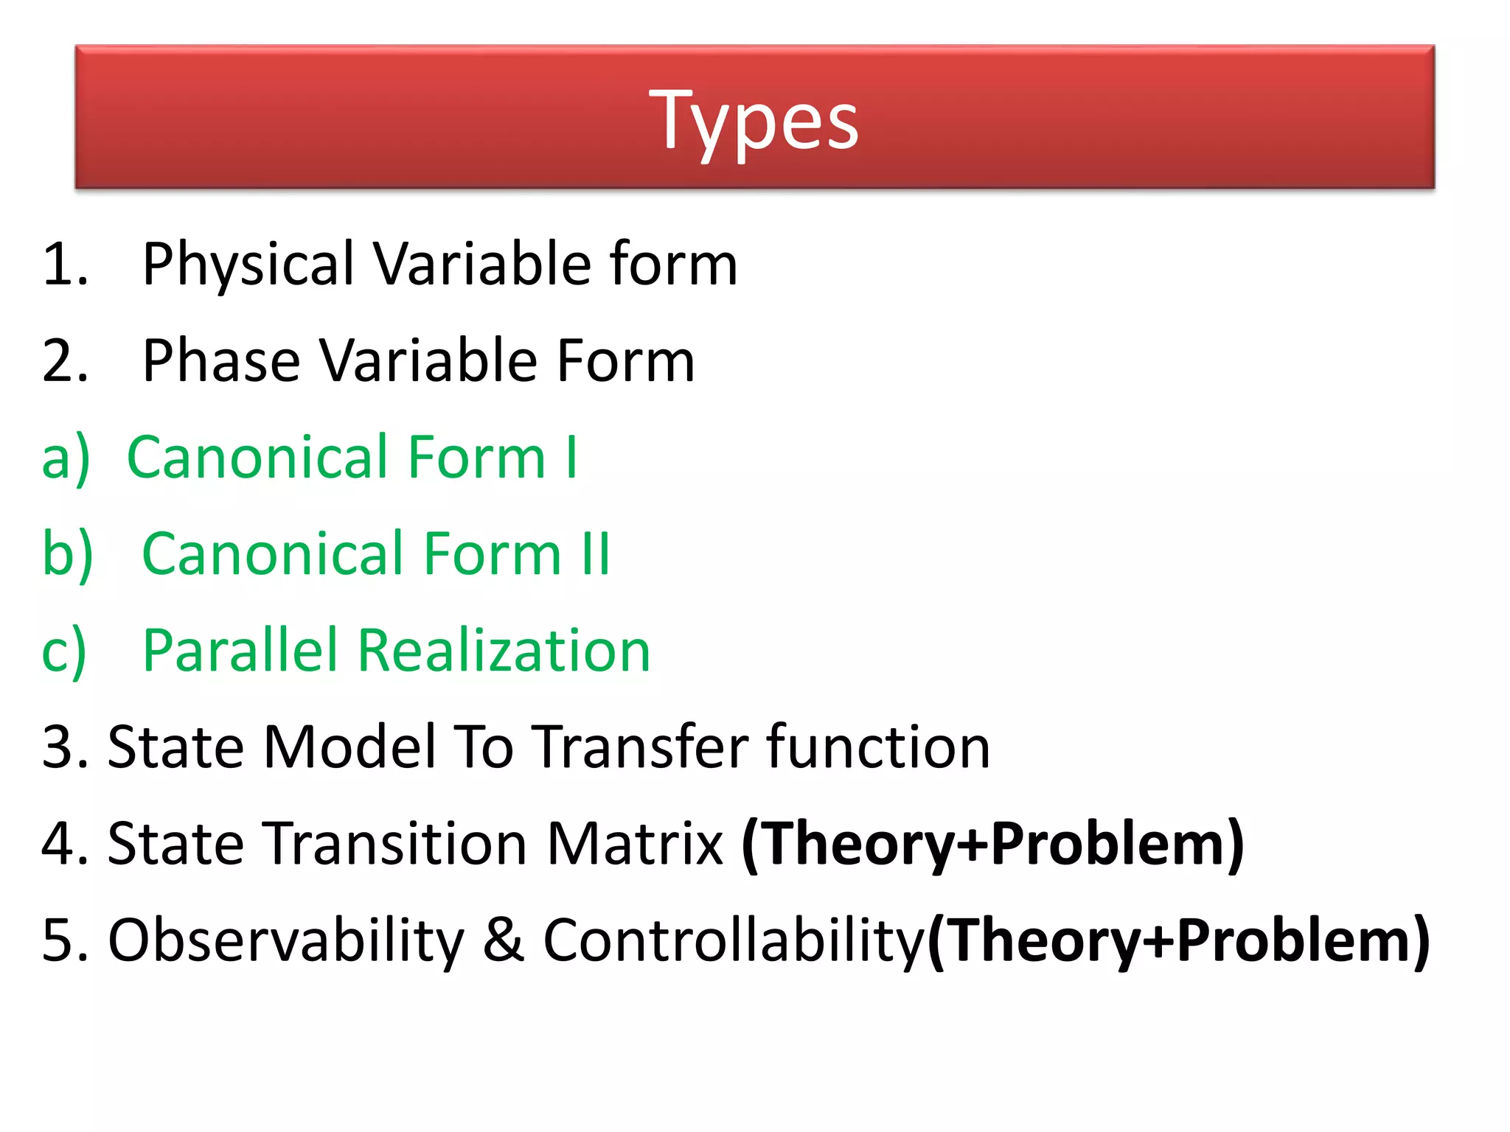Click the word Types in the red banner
[754, 120]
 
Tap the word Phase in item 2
[220, 360]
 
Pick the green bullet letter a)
[66, 458]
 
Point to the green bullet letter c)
[64, 651]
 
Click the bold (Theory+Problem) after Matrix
[992, 844]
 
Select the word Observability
[286, 940]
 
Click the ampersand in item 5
[504, 940]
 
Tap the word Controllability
[734, 940]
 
